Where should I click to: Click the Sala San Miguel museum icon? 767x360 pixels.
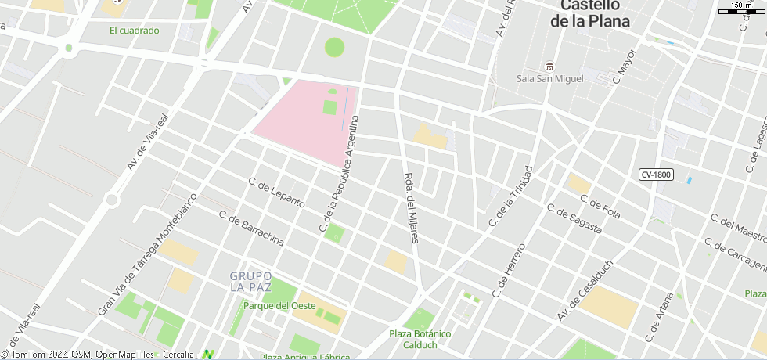(550, 66)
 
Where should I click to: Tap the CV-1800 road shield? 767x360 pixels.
(655, 175)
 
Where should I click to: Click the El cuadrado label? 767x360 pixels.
(135, 31)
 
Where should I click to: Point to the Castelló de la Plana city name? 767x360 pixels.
(590, 14)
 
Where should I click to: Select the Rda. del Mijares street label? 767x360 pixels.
(412, 207)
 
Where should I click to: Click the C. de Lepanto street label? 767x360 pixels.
(276, 192)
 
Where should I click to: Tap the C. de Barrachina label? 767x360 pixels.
(251, 229)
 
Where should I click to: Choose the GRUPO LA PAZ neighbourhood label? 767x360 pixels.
(251, 282)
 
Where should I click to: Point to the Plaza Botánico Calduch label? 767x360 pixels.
(420, 339)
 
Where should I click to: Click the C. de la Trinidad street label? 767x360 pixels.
(510, 196)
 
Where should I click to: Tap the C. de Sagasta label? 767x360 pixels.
(574, 220)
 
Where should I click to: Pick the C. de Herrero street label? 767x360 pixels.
(509, 270)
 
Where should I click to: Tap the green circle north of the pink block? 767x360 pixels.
(334, 47)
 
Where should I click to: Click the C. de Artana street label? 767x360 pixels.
(658, 317)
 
